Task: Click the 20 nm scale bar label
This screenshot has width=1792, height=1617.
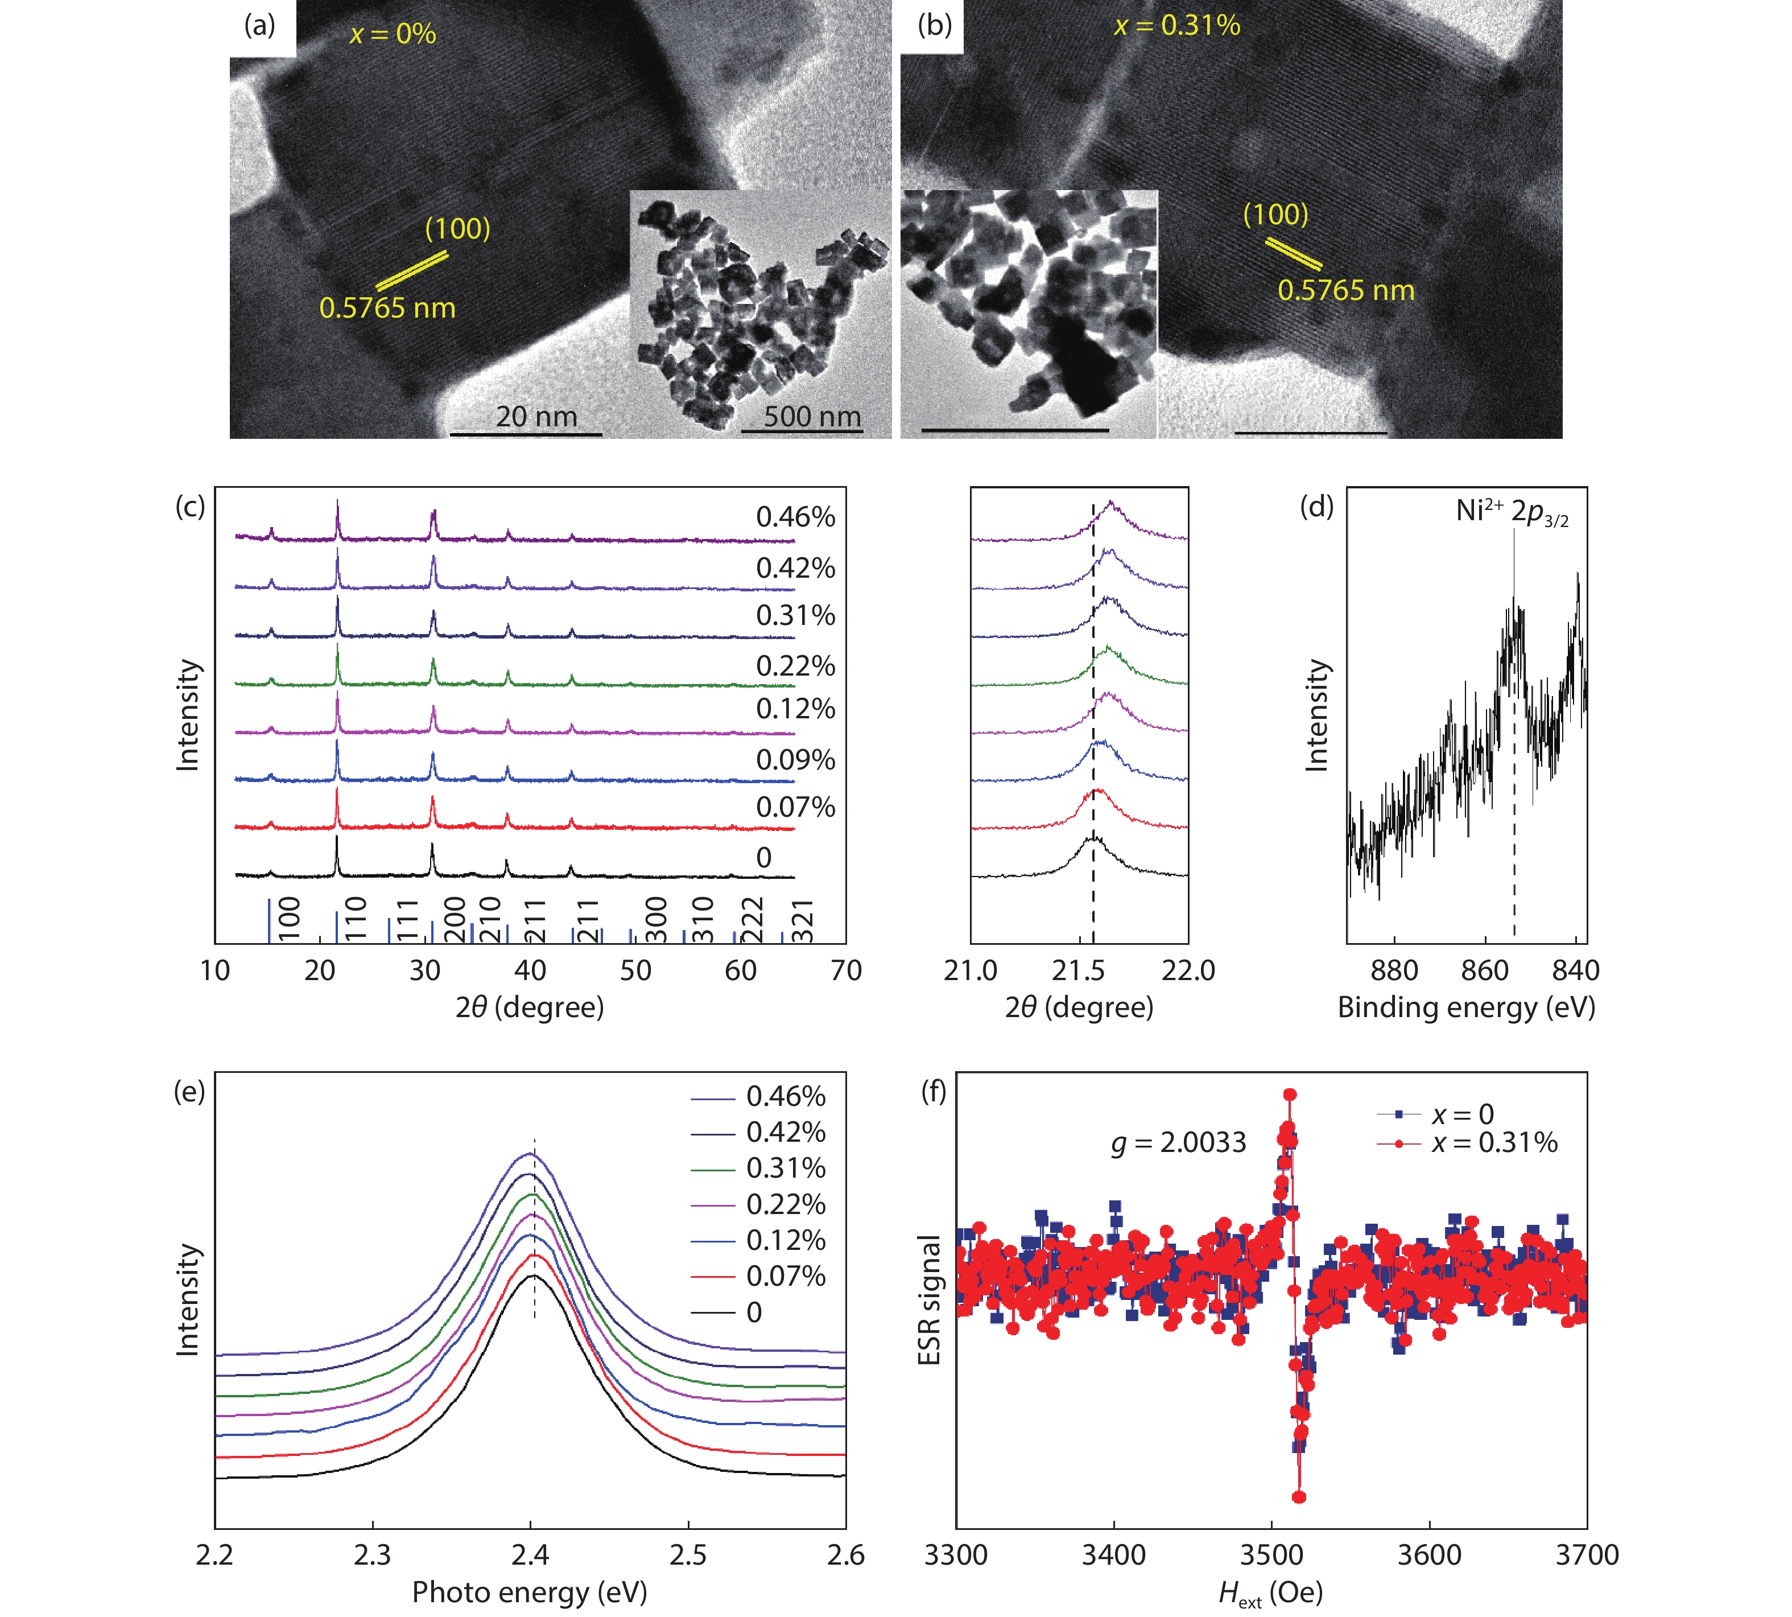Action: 536,416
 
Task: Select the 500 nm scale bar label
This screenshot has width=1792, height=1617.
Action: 812,416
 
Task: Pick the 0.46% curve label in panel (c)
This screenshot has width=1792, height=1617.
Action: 795,516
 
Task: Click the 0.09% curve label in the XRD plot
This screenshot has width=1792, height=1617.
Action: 795,760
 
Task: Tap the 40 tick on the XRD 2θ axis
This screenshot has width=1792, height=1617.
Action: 530,970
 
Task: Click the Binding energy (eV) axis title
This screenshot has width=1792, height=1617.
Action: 1466,1007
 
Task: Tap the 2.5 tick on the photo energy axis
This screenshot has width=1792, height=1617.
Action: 688,1555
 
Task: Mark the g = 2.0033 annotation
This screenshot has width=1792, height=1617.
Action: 1178,1142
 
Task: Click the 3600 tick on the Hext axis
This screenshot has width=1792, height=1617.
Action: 1429,1555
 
